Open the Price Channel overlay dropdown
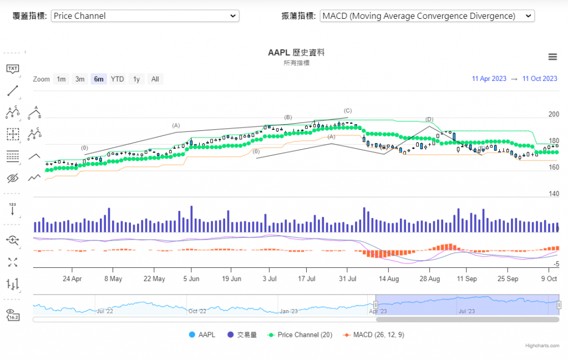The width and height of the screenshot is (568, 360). [145, 16]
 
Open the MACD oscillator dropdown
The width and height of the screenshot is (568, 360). [427, 16]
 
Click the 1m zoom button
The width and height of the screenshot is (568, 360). [61, 79]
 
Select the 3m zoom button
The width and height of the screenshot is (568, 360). [80, 79]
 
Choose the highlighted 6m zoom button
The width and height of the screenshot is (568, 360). [99, 79]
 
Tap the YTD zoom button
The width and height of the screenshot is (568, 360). [117, 79]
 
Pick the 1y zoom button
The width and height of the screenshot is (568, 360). [136, 79]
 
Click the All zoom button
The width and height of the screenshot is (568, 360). [155, 79]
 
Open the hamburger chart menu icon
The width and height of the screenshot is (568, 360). [552, 57]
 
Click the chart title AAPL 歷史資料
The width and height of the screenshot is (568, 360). [296, 53]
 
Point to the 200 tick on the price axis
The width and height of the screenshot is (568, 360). [554, 114]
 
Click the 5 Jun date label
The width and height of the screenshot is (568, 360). [191, 278]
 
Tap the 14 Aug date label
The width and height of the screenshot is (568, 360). [389, 278]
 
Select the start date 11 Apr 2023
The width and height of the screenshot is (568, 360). [489, 79]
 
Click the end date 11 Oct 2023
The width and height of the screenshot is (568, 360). [540, 79]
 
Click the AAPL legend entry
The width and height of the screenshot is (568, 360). [202, 335]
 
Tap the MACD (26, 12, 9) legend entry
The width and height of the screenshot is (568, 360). [375, 335]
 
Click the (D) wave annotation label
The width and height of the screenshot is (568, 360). [429, 119]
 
